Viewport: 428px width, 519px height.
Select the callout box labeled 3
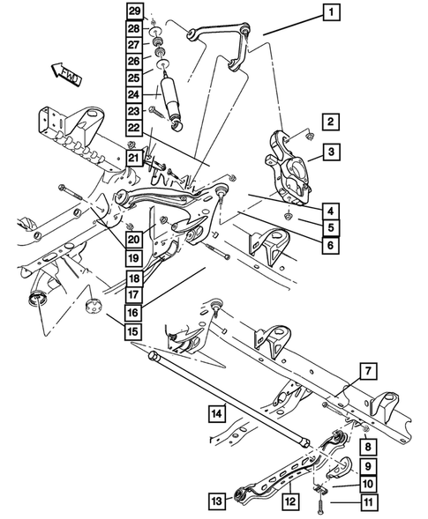point(329,153)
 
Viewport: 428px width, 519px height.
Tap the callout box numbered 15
point(132,331)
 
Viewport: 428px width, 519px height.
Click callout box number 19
point(132,258)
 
